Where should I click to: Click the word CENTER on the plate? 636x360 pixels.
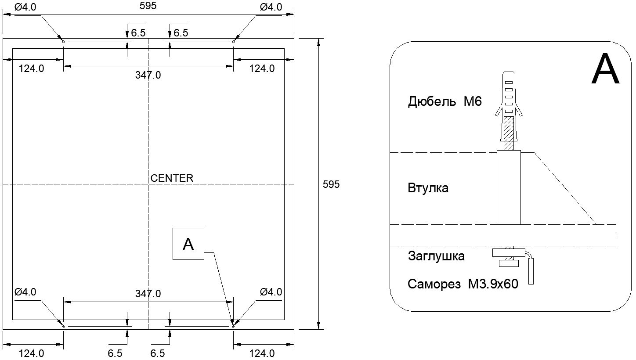point(172,178)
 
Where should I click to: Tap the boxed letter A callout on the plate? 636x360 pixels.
point(188,244)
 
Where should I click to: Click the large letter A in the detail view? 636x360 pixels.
point(605,68)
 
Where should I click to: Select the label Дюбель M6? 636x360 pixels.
point(444,101)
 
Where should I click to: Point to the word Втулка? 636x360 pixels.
point(428,188)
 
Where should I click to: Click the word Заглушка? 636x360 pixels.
point(436,256)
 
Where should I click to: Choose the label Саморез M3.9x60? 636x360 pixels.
point(463,284)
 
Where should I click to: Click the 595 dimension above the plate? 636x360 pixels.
point(148,6)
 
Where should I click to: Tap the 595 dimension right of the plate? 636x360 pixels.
point(331,184)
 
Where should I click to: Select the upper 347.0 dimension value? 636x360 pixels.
point(148,75)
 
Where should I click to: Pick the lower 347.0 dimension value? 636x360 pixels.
point(148,293)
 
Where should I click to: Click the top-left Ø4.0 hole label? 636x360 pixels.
point(25,7)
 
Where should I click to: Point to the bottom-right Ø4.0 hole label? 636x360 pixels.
point(271,292)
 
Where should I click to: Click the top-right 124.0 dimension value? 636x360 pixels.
point(262,68)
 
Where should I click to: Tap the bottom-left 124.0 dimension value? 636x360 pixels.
point(31,353)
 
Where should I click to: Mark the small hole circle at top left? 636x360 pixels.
point(63,42)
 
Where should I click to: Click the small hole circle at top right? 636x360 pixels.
point(233,42)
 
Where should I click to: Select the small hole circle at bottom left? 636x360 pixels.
point(63,326)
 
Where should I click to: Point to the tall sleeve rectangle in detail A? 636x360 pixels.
point(509,187)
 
